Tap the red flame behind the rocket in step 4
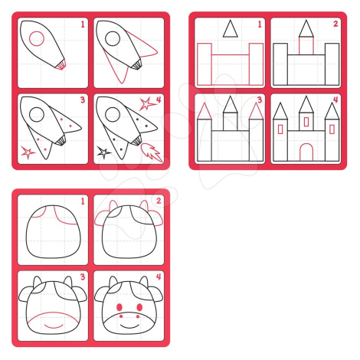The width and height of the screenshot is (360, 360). coord(152,152)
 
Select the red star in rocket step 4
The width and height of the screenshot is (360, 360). coord(146,104)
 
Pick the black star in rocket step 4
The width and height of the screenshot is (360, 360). coord(103,152)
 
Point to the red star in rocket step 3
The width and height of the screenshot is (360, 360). coord(28,152)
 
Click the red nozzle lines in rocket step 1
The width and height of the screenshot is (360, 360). coord(61,65)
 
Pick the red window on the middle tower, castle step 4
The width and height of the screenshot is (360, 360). coord(306,122)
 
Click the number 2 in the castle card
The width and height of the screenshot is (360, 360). coord(335,24)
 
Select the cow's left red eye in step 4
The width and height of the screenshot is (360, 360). coord(119,307)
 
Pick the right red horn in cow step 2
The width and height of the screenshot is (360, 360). coord(144,205)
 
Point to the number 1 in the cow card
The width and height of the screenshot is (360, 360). coord(83,201)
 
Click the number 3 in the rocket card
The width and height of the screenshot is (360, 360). coord(83,100)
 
